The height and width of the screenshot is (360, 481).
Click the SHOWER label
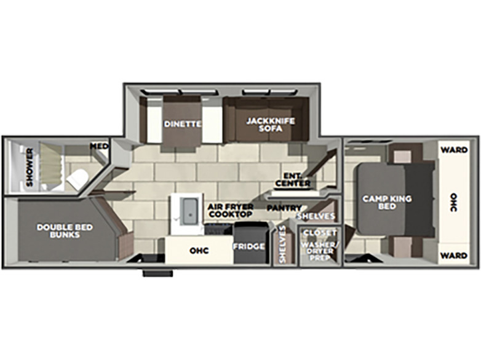click(x=30, y=167)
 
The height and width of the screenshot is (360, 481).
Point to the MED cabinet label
click(x=100, y=146)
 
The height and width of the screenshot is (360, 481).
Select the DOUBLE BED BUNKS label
click(x=65, y=231)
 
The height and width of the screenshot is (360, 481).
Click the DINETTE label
click(x=183, y=124)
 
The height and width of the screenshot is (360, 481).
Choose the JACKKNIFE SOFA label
click(x=271, y=125)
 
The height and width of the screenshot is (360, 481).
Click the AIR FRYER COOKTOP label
click(x=231, y=210)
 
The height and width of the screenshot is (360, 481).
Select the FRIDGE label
click(x=248, y=246)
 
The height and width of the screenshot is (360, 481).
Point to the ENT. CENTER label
click(x=293, y=179)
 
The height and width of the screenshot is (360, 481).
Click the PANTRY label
click(x=284, y=208)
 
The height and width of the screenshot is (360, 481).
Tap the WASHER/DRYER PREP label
click(x=319, y=251)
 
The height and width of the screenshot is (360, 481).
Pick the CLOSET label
click(x=320, y=233)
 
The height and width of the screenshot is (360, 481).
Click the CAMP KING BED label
click(x=387, y=203)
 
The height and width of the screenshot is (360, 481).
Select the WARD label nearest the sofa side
click(x=454, y=150)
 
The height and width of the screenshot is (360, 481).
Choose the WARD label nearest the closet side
click(x=454, y=256)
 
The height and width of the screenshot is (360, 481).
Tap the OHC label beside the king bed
click(x=454, y=202)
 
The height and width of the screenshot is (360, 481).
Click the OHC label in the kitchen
click(x=199, y=251)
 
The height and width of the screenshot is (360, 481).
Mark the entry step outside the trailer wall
click(x=157, y=273)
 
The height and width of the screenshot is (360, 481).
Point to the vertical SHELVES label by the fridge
click(x=282, y=244)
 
